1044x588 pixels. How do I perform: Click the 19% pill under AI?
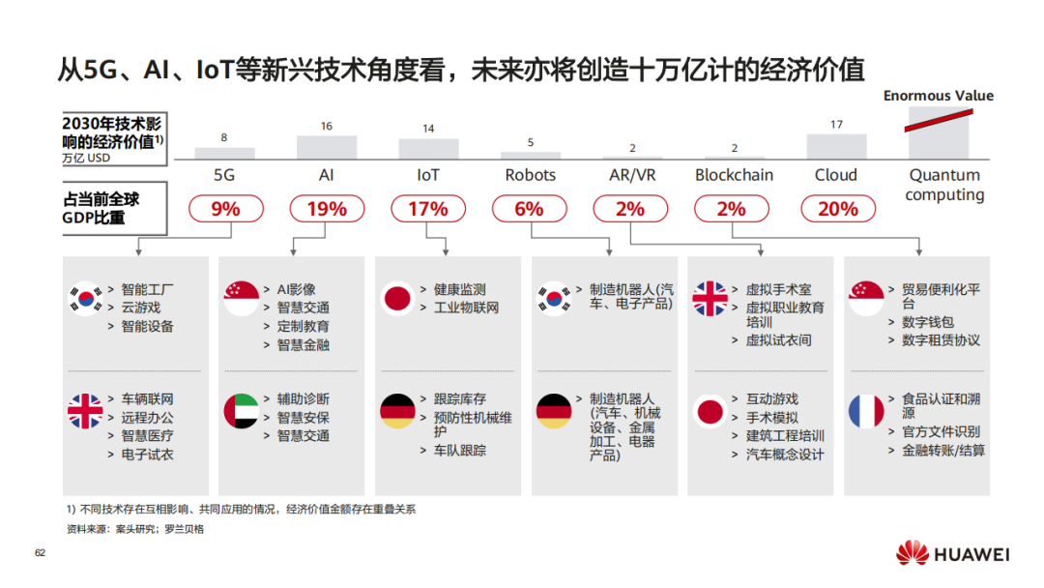click(327, 209)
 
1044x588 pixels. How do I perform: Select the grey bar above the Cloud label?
click(836, 146)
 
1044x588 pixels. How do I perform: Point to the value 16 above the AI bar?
click(327, 127)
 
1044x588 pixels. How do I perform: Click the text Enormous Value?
click(938, 96)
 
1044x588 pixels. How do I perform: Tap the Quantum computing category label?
click(944, 185)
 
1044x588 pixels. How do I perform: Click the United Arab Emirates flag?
click(242, 412)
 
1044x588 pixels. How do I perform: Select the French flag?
click(866, 412)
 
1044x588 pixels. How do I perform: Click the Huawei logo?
click(952, 554)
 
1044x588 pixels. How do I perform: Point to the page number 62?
click(41, 553)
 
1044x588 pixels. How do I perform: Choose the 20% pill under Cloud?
click(837, 209)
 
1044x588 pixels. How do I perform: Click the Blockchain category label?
click(734, 175)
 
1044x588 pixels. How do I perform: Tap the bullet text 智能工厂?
click(147, 289)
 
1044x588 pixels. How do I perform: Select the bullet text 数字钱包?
click(927, 322)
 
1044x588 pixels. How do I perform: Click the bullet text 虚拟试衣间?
click(778, 340)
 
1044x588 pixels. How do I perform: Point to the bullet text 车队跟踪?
click(459, 450)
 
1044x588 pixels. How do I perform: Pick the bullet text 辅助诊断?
click(303, 399)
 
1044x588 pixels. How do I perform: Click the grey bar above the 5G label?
click(224, 153)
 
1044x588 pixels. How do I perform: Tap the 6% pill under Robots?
click(529, 209)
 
